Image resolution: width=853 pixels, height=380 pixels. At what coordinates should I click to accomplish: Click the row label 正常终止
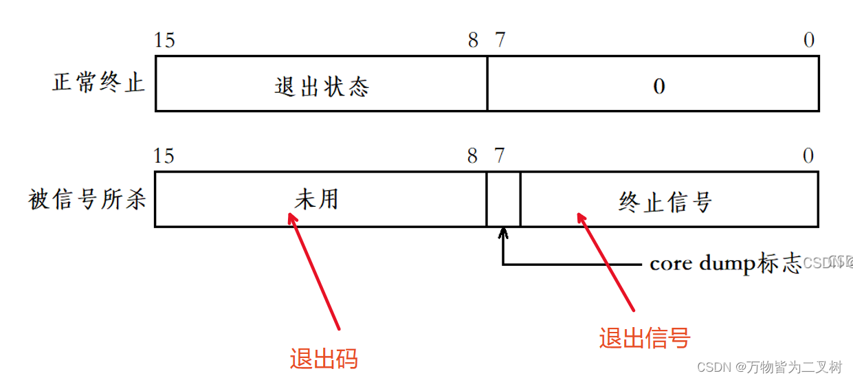point(98,83)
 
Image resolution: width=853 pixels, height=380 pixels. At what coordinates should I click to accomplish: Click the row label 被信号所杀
point(87,199)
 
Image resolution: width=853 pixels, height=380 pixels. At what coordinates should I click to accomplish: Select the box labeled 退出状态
point(321,84)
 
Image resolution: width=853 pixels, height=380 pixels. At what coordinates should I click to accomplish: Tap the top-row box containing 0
point(653,84)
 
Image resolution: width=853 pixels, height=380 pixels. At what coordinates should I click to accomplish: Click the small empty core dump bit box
point(503,199)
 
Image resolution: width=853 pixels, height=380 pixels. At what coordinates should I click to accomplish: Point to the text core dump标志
point(725,264)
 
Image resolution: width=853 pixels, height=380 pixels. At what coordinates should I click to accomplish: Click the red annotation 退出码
point(324,359)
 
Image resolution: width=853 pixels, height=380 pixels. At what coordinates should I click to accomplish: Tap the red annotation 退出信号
point(644,338)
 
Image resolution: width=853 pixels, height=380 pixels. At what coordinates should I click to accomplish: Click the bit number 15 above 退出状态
point(165,41)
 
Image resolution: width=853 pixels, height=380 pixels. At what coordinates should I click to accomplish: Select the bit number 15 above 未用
point(164,156)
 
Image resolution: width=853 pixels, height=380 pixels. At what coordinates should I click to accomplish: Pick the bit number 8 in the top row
point(473,41)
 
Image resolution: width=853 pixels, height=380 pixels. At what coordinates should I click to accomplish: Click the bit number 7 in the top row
point(500,41)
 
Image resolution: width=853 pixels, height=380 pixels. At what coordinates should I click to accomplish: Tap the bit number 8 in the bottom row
point(472,156)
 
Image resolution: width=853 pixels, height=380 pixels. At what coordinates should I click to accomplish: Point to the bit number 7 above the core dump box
point(500,156)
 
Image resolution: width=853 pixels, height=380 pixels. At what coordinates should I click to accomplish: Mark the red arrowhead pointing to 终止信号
point(581,218)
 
